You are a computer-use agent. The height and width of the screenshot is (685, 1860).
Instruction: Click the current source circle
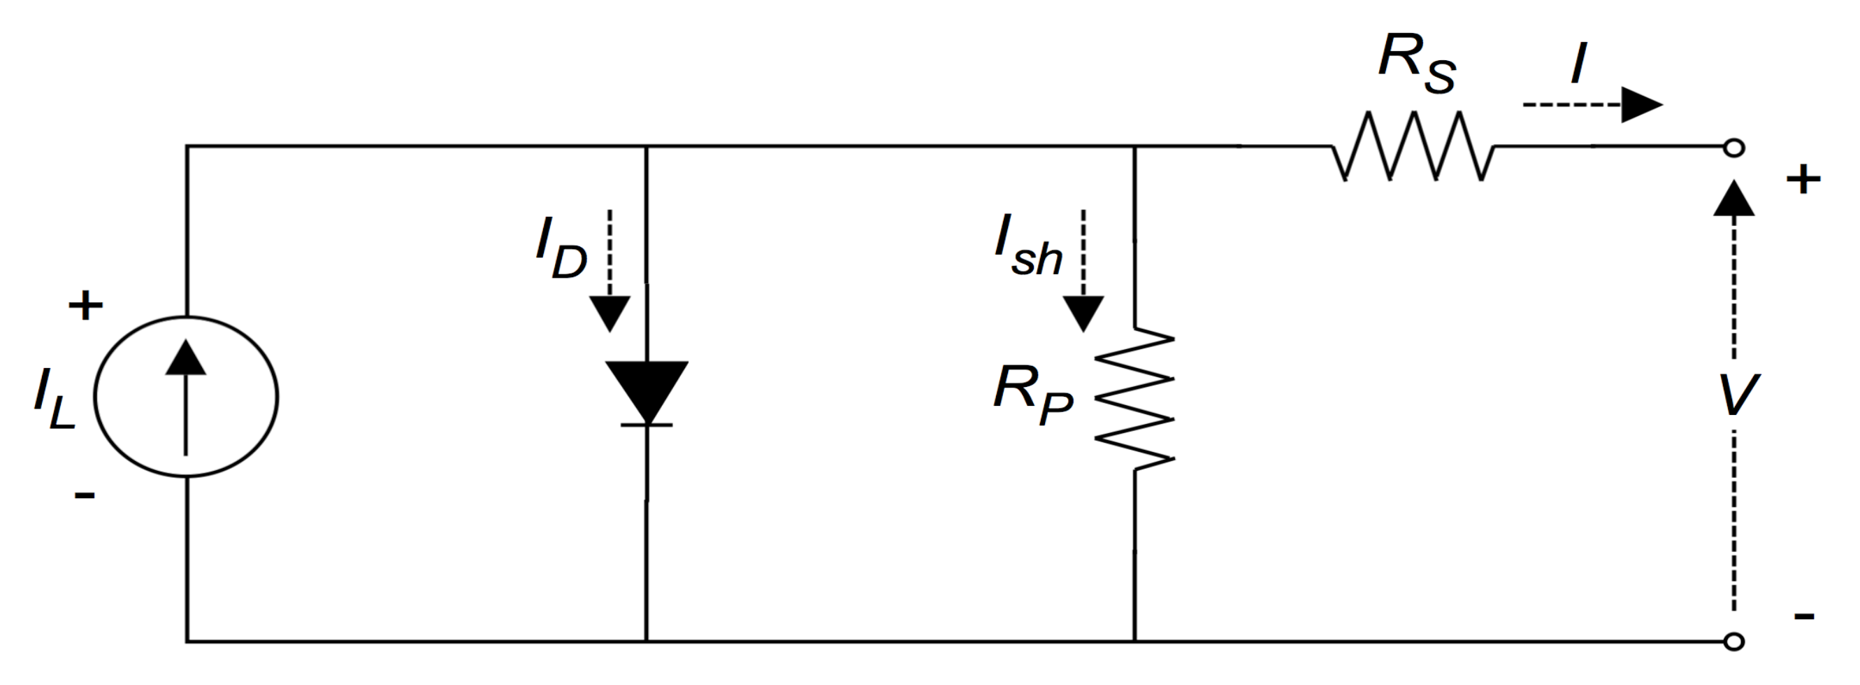[185, 397]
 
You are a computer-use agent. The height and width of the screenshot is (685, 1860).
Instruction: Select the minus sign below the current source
[85, 495]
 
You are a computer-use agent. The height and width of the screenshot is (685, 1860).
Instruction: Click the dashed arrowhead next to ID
[610, 313]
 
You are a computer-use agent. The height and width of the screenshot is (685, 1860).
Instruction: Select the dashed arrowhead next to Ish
[1083, 313]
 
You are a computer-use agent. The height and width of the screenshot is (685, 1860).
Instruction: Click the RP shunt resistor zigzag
[1134, 398]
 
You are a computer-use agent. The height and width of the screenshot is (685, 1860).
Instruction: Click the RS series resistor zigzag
[1413, 147]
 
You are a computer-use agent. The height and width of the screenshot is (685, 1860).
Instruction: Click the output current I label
[1579, 64]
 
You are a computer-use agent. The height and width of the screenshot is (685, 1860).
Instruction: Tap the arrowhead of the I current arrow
[1641, 105]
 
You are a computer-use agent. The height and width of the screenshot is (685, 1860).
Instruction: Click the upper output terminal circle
[1733, 148]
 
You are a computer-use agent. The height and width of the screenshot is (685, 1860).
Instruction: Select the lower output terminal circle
[1733, 641]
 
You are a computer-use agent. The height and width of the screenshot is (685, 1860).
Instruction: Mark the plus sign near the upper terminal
[1803, 179]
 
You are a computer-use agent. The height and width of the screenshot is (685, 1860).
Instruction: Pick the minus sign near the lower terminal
[1803, 616]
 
